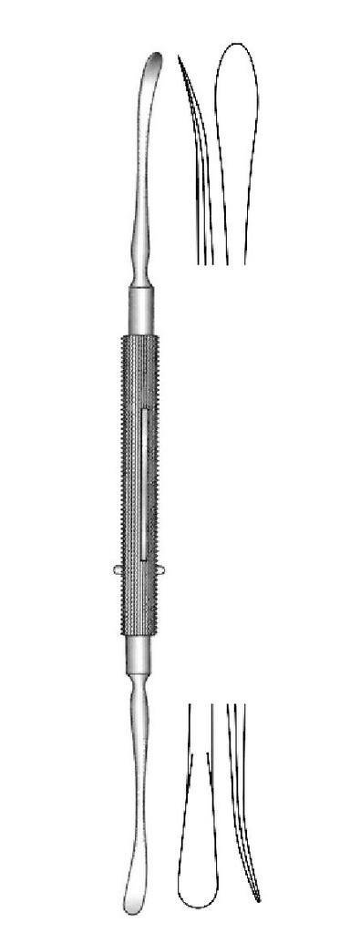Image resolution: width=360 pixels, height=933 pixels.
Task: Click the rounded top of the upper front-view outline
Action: point(236,43)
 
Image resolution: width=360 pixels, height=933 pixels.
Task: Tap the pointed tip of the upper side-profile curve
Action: point(180,60)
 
